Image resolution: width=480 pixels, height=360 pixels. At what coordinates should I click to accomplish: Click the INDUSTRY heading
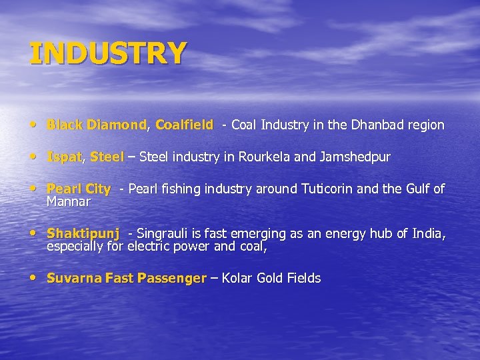tap(108, 53)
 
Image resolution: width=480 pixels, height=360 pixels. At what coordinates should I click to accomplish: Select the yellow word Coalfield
tap(184, 125)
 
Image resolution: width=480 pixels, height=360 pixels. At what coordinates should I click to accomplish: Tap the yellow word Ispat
tap(64, 157)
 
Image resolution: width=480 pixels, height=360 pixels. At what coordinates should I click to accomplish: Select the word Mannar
tap(68, 201)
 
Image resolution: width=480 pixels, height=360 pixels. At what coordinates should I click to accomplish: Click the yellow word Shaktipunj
tap(83, 234)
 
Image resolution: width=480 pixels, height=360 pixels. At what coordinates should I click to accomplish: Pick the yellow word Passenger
tap(172, 278)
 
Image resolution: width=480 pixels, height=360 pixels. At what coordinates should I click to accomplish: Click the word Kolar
tap(238, 278)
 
